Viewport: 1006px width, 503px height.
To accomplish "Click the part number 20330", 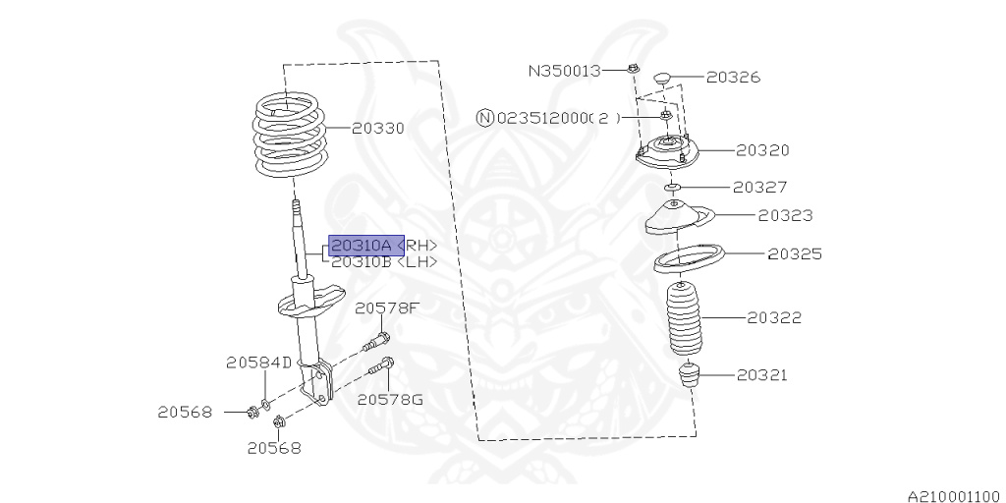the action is pyautogui.click(x=378, y=129).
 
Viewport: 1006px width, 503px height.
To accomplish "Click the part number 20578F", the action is pyautogui.click(x=387, y=308).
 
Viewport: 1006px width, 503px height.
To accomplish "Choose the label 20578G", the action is pyautogui.click(x=389, y=399).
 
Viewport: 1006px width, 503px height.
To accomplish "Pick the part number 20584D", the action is pyautogui.click(x=258, y=363).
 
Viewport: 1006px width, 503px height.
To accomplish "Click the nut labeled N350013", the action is pyautogui.click(x=634, y=69).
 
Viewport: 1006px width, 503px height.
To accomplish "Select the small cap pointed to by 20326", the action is pyautogui.click(x=660, y=76).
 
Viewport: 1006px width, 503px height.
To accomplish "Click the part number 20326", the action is pyautogui.click(x=733, y=77).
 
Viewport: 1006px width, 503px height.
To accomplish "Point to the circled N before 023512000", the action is pyautogui.click(x=485, y=118).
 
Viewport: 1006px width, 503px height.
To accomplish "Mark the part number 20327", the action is pyautogui.click(x=760, y=186).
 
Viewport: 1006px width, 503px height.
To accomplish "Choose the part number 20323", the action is pyautogui.click(x=785, y=215).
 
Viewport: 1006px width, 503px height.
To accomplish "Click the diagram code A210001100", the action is pyautogui.click(x=953, y=497).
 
